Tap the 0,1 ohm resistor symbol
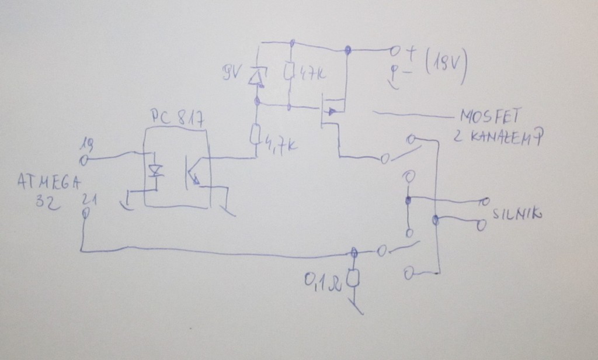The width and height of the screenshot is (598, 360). pos(353,278)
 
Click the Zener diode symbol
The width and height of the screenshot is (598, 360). pos(255,77)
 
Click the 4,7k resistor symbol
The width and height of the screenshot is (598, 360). pos(255,136)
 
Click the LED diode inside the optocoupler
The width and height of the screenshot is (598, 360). pos(155,171)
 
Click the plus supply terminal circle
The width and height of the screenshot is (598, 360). pos(395,50)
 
